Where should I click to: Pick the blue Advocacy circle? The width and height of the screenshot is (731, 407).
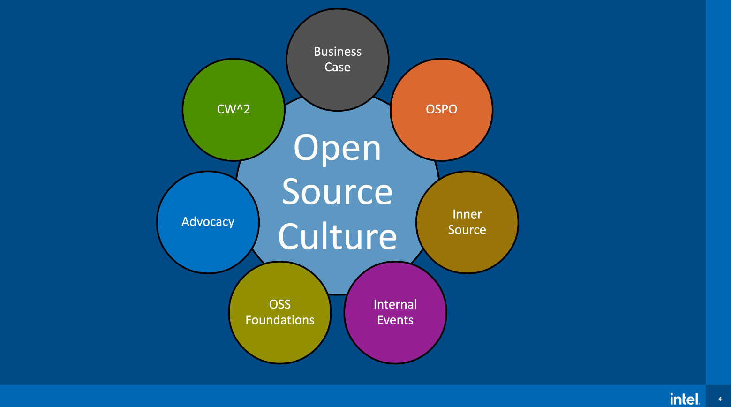point(208,244)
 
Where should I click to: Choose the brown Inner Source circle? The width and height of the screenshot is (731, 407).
point(467,249)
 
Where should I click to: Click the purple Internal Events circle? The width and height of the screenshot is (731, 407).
point(395,338)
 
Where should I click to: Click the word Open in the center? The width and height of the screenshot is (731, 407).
point(338,148)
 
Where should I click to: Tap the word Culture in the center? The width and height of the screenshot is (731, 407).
point(338,236)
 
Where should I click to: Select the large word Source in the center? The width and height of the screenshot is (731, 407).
point(338,192)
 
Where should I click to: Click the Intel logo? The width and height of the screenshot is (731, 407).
point(685,399)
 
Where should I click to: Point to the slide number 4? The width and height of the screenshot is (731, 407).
point(720,399)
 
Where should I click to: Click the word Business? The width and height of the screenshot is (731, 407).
point(338,52)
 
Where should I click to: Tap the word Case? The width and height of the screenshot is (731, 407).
point(338,67)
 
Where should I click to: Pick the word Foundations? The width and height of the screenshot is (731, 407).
point(280,320)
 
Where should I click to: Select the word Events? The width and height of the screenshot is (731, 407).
point(395,320)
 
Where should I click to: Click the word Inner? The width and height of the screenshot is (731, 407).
point(467,214)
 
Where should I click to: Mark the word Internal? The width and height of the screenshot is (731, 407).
point(395,304)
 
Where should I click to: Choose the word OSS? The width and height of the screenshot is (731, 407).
point(280,304)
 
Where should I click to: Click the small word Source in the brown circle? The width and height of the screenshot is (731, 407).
point(467,230)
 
